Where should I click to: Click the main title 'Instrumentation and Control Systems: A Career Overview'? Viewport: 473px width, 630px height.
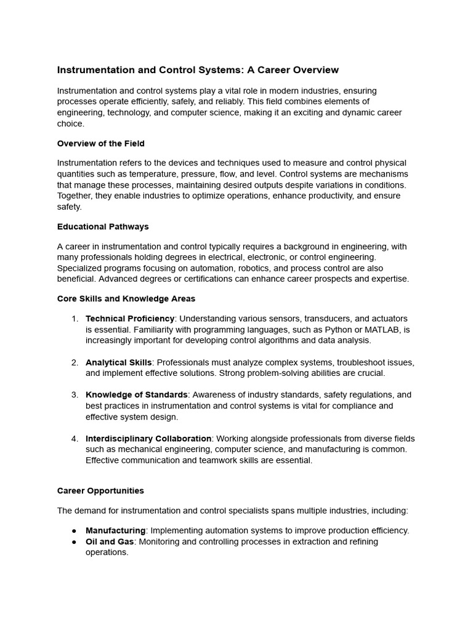(198, 70)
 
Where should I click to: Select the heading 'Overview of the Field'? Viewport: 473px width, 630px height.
(100, 143)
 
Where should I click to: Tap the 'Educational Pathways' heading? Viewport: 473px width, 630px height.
(103, 226)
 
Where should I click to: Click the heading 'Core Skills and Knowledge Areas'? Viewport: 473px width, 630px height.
(126, 298)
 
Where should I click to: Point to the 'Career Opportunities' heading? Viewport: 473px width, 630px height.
(100, 490)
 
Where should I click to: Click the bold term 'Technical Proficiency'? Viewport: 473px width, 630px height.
(130, 318)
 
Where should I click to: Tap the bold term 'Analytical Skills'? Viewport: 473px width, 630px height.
(118, 362)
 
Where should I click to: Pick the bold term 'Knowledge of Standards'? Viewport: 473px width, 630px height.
(136, 394)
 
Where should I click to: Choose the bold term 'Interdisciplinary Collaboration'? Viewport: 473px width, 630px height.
(148, 439)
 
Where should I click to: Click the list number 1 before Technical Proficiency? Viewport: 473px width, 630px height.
(75, 318)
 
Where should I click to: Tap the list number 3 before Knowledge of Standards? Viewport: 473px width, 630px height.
(75, 394)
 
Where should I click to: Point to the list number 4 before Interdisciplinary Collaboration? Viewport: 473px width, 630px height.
(75, 439)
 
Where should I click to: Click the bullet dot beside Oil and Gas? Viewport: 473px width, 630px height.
(74, 541)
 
